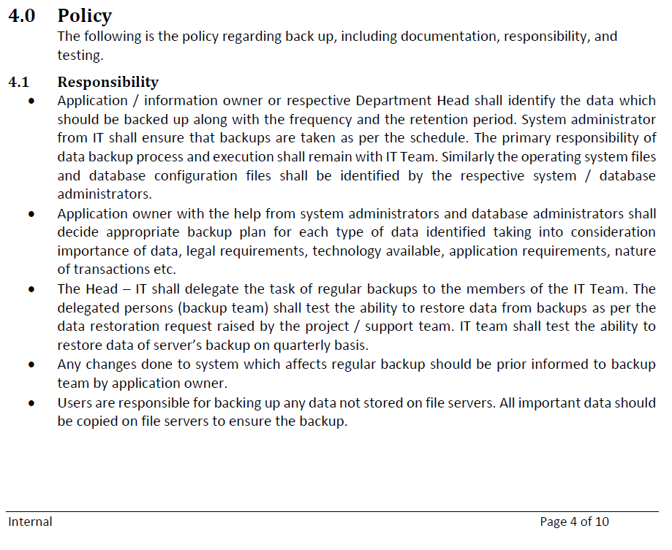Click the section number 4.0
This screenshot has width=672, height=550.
pyautogui.click(x=22, y=16)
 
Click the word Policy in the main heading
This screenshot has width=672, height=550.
pyautogui.click(x=85, y=16)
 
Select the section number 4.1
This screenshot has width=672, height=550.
pyautogui.click(x=18, y=83)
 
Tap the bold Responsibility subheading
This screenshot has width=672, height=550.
pyautogui.click(x=108, y=83)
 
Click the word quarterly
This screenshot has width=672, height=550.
pyautogui.click(x=289, y=345)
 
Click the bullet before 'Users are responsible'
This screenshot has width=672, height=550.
pyautogui.click(x=31, y=403)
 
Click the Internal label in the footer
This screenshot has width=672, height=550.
pyautogui.click(x=30, y=522)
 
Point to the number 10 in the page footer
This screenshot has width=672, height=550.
pyautogui.click(x=602, y=522)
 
